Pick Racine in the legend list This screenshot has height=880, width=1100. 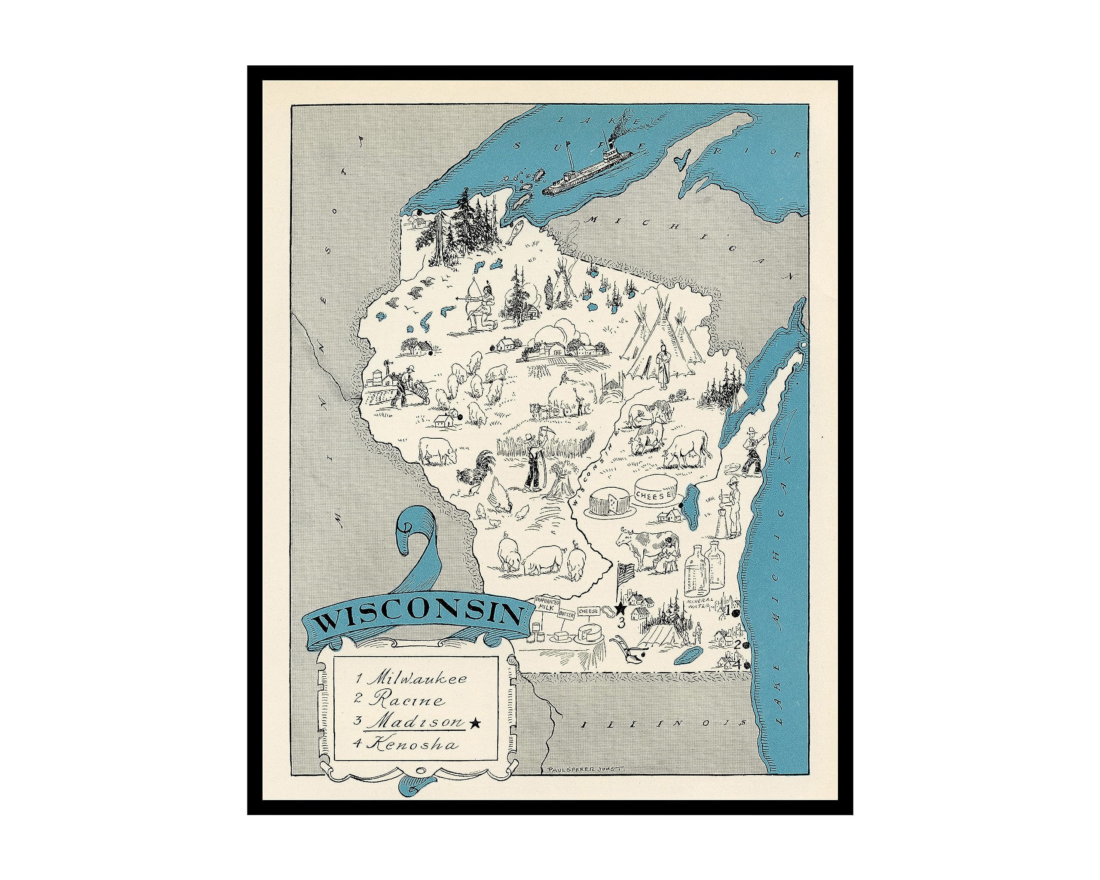[406, 700]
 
